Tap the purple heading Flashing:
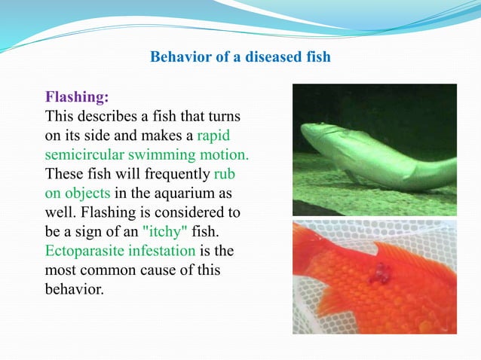click(77, 97)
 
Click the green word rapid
click(213, 136)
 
